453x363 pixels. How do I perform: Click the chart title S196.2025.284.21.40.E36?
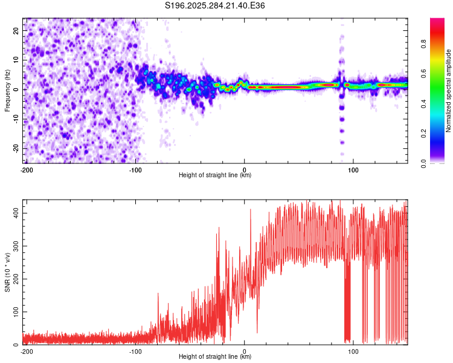coord(215,6)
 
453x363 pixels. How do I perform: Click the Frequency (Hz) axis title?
coord(7,91)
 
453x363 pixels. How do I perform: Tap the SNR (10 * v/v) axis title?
coord(7,272)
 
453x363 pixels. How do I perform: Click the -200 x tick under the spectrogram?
coord(27,169)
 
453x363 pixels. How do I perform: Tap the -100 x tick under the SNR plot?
coord(135,351)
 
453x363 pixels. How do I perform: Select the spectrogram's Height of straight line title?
coord(215,175)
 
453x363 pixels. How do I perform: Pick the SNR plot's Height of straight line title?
coord(215,357)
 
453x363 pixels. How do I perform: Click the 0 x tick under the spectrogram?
coord(245,169)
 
